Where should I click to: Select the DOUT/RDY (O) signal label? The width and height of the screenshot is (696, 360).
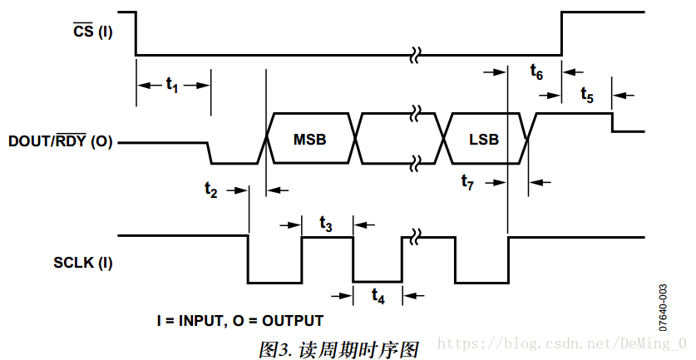(60, 141)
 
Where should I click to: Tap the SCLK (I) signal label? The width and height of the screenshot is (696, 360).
(81, 264)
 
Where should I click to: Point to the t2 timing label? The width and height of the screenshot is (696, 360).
(212, 189)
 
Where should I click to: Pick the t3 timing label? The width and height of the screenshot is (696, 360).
(327, 224)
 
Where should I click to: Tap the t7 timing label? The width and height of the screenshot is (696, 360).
(468, 182)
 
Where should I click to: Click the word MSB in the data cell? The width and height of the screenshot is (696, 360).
(310, 140)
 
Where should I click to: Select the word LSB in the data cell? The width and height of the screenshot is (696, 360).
(483, 140)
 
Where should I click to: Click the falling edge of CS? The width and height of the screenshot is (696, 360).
(136, 33)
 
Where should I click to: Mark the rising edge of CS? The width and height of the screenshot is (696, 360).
(562, 33)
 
